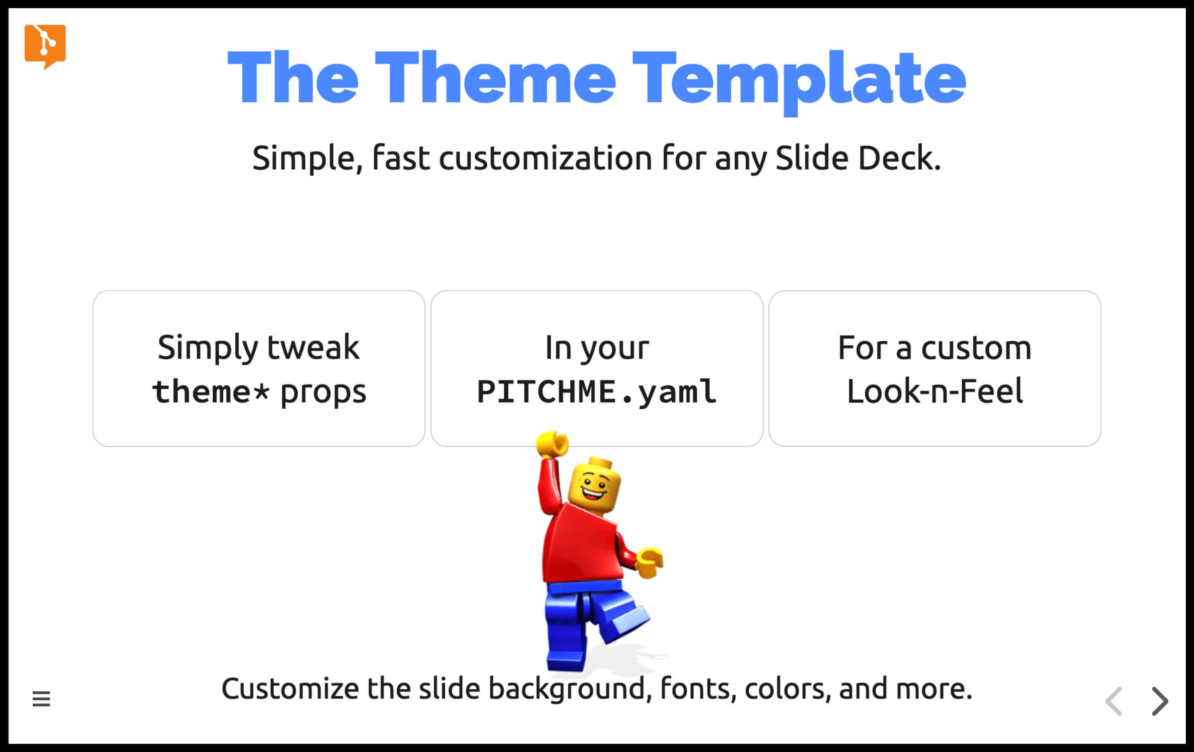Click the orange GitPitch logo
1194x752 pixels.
coord(45,46)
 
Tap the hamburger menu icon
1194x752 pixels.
coord(41,699)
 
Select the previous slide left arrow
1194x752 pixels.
coord(1114,701)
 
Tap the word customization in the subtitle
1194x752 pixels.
coord(545,159)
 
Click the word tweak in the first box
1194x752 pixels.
coord(313,347)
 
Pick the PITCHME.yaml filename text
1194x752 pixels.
coord(597,392)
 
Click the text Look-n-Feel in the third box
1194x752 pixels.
coord(935,391)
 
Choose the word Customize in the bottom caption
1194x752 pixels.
coord(290,689)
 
